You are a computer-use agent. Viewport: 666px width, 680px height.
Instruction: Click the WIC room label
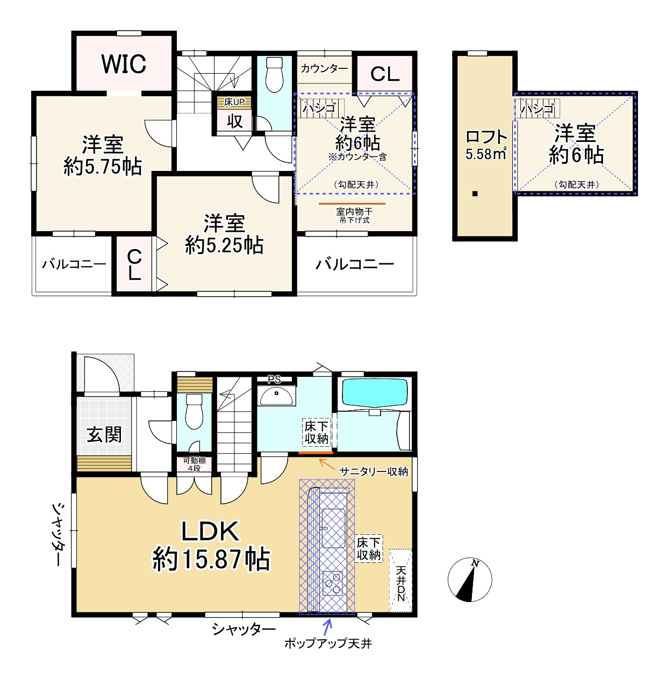coord(124,64)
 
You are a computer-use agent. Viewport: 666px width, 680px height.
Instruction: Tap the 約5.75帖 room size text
coord(103,167)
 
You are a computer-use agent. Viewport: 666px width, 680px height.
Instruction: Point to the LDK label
coord(210,532)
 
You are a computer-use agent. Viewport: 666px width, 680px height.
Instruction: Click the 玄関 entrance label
coord(104,434)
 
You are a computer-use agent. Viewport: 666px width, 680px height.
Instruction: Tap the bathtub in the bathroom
coord(375,393)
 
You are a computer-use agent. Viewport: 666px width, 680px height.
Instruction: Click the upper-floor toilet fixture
coord(274,75)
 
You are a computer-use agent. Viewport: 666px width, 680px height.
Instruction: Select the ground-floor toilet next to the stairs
coord(194,411)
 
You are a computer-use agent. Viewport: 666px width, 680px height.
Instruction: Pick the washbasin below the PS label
coord(276,396)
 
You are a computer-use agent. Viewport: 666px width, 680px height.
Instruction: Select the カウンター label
coord(324,68)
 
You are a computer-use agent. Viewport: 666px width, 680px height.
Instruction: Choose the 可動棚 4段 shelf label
coord(194,464)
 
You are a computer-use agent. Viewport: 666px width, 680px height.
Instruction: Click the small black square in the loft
coord(475,194)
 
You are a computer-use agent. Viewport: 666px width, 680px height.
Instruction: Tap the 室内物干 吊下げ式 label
coord(354,216)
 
